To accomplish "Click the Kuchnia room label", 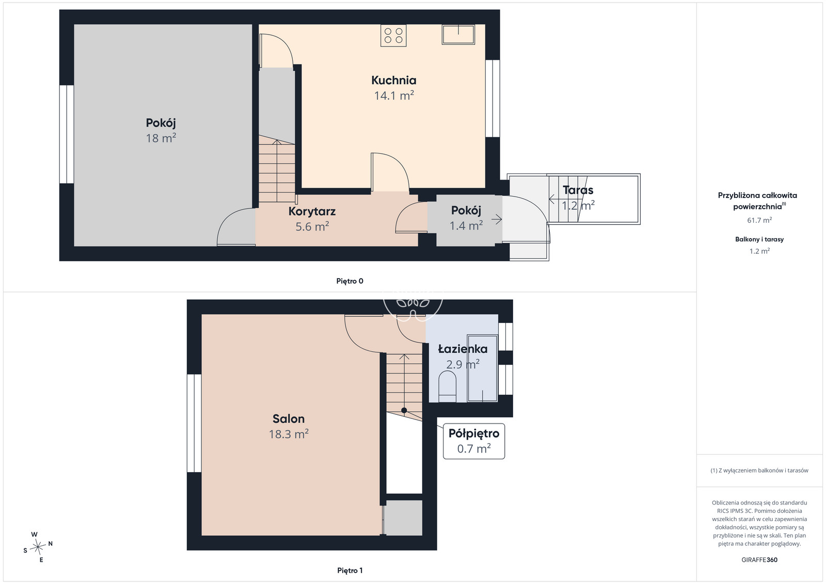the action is coord(393,80).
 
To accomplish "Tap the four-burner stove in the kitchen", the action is coord(393,36).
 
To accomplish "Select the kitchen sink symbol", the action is coord(458,35).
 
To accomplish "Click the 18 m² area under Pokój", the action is coord(161,138).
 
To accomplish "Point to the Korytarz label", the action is coord(312,211).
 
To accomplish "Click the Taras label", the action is coord(578,190).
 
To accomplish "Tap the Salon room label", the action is coord(289,418).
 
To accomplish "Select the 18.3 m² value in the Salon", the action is coord(289,434).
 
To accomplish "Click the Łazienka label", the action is coord(463,349).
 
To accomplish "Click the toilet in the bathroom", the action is coord(448,386).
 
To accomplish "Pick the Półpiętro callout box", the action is coord(474,441).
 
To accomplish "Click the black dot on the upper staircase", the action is coord(404,410).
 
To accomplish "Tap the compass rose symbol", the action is coord(38,547).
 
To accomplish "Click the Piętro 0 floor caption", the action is coord(350,281).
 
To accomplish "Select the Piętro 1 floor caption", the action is coord(350,571).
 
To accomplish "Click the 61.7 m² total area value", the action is coord(759,220).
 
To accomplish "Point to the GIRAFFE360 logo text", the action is coord(759,560).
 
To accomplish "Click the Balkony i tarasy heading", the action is coord(759,239).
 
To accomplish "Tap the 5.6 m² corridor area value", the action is coord(312,226).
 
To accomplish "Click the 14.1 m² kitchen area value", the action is coord(394,96).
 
